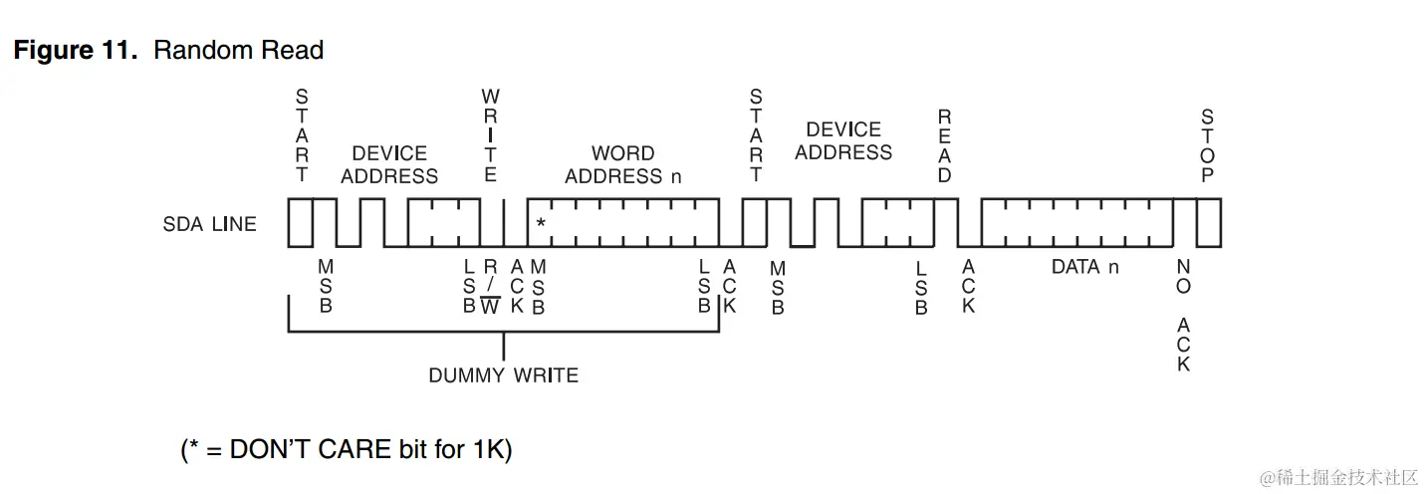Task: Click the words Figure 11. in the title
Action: pyautogui.click(x=75, y=51)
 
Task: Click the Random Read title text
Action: pyautogui.click(x=238, y=51)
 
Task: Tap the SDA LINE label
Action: pyautogui.click(x=209, y=224)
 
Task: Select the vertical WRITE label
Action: pyautogui.click(x=490, y=135)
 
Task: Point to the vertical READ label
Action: pyautogui.click(x=944, y=146)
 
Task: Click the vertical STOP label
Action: pyautogui.click(x=1207, y=146)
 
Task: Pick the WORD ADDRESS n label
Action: pyautogui.click(x=623, y=165)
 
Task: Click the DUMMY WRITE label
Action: pyautogui.click(x=503, y=375)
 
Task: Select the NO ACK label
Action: pyautogui.click(x=1183, y=315)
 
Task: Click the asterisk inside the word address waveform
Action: pyautogui.click(x=541, y=223)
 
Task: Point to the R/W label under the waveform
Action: pyautogui.click(x=490, y=287)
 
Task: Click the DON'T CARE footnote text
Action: pyautogui.click(x=347, y=449)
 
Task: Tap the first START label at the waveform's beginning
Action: pyautogui.click(x=302, y=135)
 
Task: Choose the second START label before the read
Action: pyautogui.click(x=756, y=135)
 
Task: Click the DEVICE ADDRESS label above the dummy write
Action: pyautogui.click(x=389, y=165)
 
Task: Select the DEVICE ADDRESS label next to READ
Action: pyautogui.click(x=843, y=141)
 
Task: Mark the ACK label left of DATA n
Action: pyautogui.click(x=968, y=287)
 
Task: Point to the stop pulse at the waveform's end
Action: pyautogui.click(x=1208, y=222)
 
